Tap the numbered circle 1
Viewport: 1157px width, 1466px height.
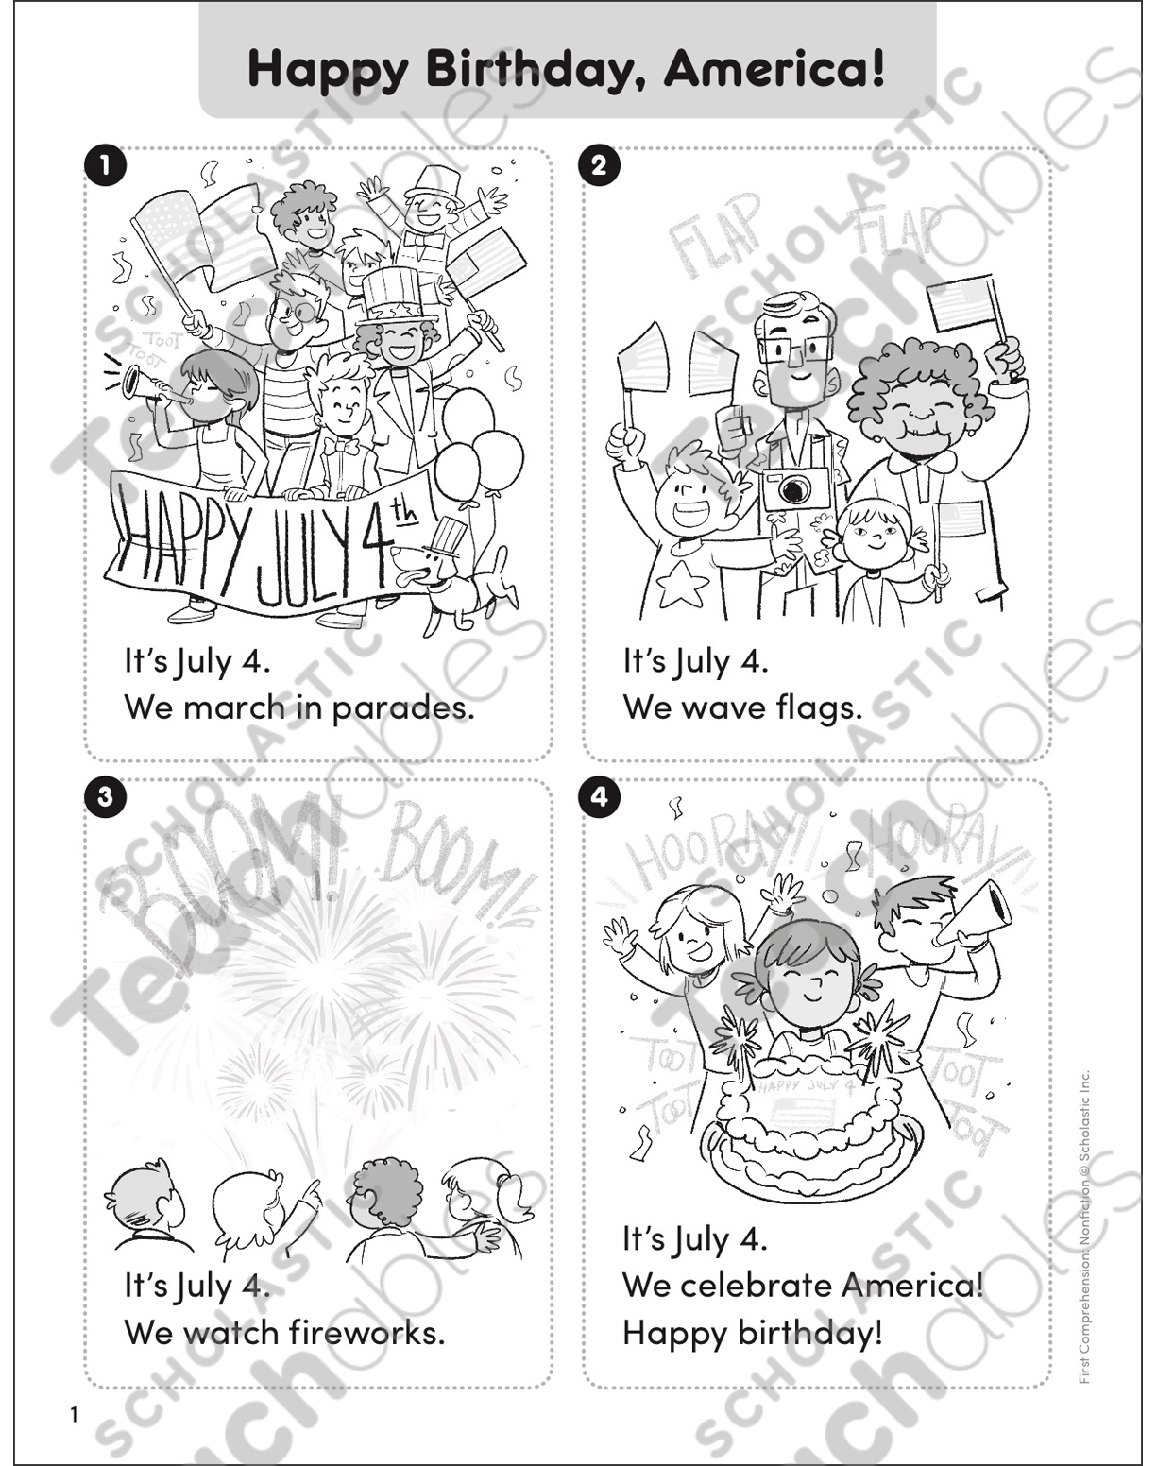point(104,166)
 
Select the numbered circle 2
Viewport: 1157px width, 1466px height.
point(599,166)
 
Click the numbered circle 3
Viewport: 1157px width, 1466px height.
point(104,796)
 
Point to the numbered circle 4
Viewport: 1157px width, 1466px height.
point(599,796)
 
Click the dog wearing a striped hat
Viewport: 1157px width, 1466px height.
point(451,576)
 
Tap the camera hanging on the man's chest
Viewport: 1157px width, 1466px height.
point(794,488)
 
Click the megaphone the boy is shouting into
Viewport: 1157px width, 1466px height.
point(976,913)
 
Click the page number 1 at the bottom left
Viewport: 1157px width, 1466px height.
point(74,1414)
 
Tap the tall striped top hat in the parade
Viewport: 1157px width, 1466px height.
point(392,294)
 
